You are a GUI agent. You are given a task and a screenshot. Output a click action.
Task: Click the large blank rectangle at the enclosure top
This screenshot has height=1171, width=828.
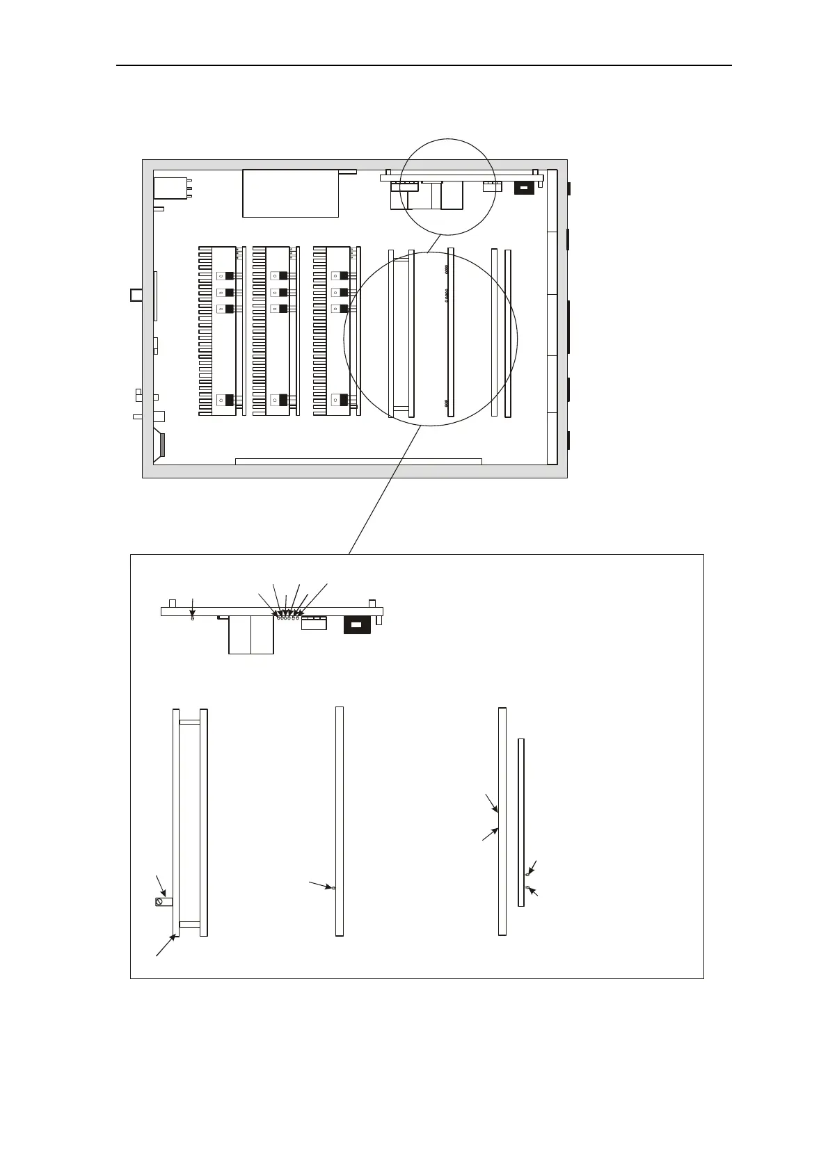[x=290, y=193]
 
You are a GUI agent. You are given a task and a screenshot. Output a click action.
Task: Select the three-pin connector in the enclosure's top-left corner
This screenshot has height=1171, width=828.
[x=170, y=188]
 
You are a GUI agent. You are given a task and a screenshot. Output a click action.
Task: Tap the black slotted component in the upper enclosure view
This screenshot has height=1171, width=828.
[x=523, y=188]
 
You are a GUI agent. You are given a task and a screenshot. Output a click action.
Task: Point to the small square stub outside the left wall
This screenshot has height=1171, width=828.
[x=136, y=295]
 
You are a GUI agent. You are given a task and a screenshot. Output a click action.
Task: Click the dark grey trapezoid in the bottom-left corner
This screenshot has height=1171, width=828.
[x=162, y=446]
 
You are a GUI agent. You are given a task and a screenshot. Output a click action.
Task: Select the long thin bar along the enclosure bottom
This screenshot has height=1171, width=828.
[x=358, y=461]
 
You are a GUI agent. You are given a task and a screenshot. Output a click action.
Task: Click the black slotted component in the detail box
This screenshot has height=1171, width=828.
[x=356, y=624]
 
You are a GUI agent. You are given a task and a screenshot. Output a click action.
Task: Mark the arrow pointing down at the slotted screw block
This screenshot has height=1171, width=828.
[x=161, y=885]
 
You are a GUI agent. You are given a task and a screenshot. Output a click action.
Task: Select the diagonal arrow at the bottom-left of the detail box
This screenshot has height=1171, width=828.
[x=165, y=946]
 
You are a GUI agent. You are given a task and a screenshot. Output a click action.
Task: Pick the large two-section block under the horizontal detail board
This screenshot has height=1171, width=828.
[x=250, y=633]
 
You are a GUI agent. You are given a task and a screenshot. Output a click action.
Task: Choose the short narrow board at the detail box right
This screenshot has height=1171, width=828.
[x=520, y=822]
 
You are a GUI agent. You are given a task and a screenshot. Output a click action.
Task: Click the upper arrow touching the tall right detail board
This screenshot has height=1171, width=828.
[x=492, y=802]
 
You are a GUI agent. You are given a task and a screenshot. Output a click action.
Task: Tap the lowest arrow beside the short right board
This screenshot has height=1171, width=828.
[x=534, y=892]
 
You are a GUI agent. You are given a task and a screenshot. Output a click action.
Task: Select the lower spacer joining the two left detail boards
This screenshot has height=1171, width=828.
[x=189, y=924]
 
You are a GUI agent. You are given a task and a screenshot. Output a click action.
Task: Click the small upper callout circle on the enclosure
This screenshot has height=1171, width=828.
[x=449, y=187]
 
